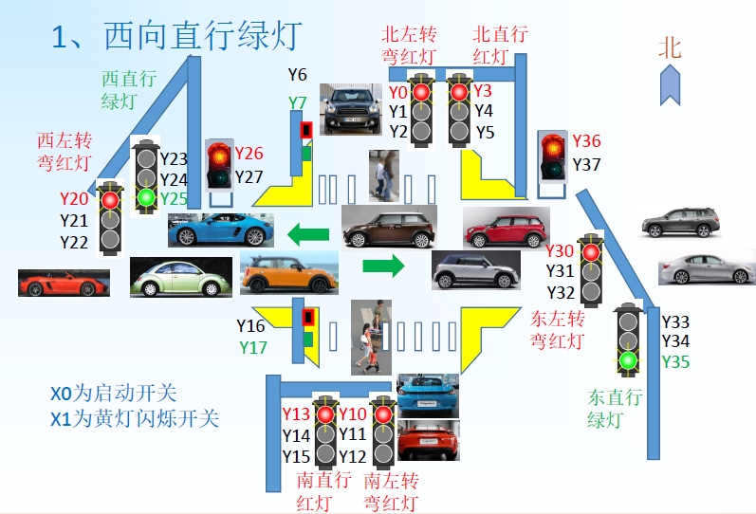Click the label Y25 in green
coord(174,198)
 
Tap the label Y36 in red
coord(586,142)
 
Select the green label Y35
coord(675,361)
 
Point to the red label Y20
coord(73,199)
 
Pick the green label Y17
coord(251,347)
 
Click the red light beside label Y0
coord(421,92)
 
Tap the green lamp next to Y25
coord(145,197)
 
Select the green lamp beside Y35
coord(627,360)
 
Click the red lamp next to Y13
coord(325,414)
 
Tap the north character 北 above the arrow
coord(671,48)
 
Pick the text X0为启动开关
coord(114,393)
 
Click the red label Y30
coord(560,251)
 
